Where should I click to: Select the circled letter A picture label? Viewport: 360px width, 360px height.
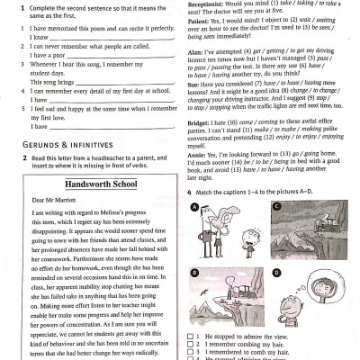193,206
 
